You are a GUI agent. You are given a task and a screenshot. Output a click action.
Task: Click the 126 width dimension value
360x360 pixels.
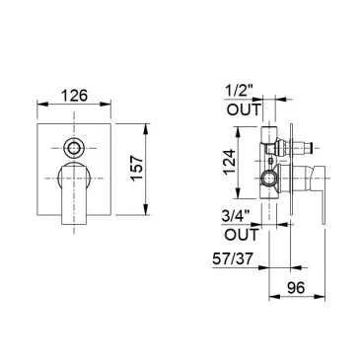[74, 96]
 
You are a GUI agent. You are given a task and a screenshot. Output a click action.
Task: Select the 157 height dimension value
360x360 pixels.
[137, 168]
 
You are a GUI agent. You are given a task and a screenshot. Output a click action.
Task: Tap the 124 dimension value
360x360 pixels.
[230, 162]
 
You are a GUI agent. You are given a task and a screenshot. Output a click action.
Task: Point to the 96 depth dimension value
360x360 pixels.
[296, 288]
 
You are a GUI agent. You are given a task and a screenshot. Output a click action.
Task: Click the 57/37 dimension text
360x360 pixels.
[233, 258]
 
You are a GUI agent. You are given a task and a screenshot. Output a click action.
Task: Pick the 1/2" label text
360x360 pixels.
[240, 90]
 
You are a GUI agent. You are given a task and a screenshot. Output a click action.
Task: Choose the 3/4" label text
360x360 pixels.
[236, 217]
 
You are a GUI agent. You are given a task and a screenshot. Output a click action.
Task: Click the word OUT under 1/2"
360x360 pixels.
[244, 109]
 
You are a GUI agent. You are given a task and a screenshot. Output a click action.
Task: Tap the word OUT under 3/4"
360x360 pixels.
[242, 235]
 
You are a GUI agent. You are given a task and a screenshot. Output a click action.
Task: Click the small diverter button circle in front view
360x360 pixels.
[74, 148]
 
